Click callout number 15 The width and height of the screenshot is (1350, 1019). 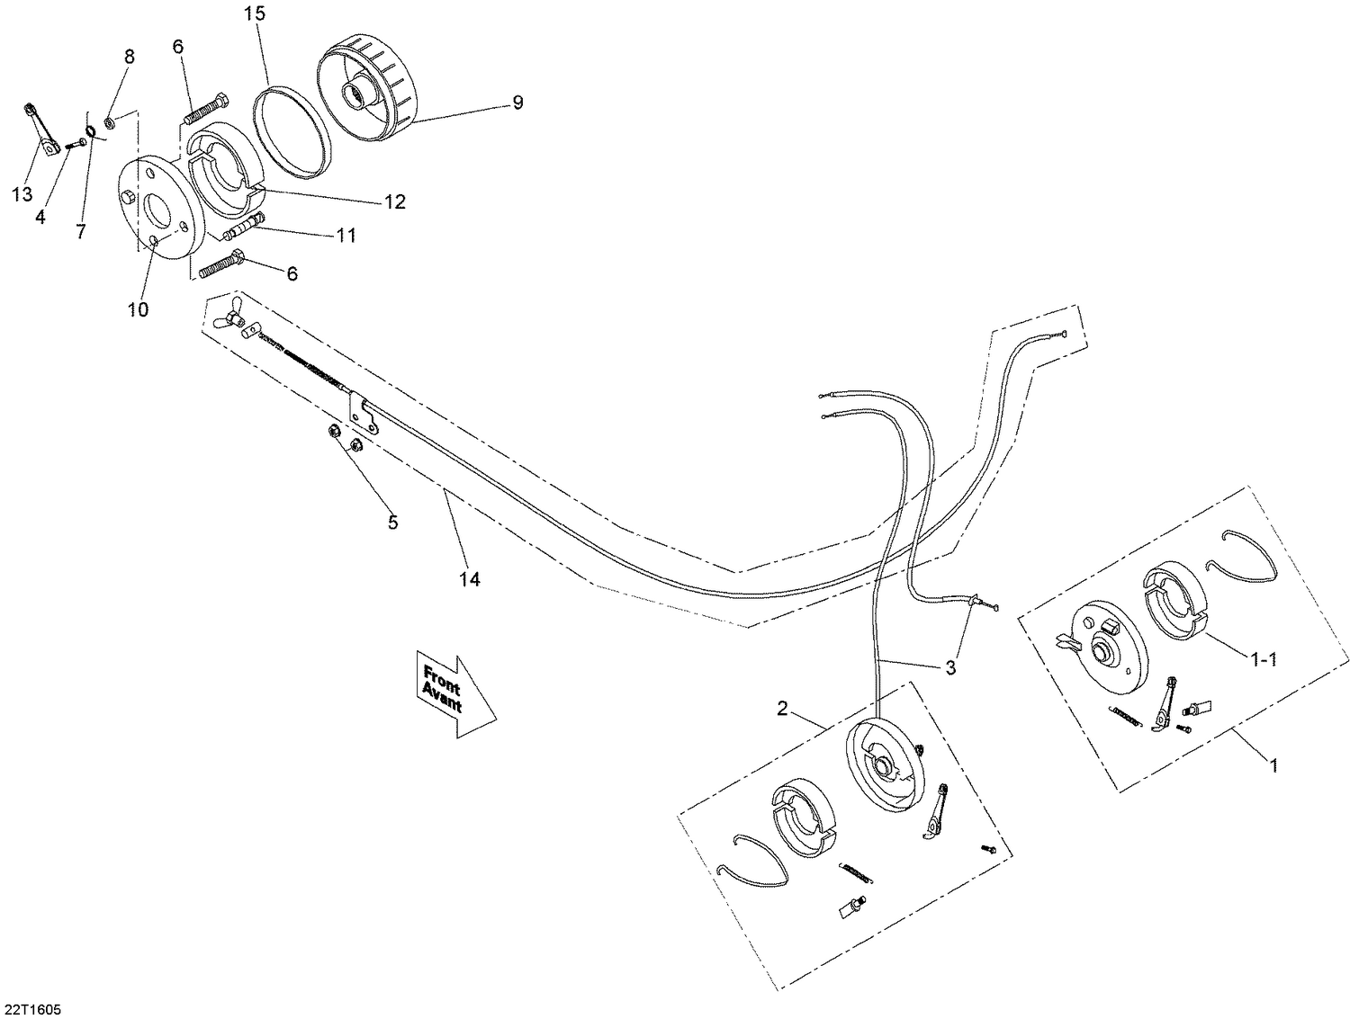[x=255, y=14]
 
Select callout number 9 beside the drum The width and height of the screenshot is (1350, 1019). [x=517, y=103]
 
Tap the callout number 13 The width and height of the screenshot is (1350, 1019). [x=22, y=194]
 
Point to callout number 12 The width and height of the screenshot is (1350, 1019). [x=394, y=201]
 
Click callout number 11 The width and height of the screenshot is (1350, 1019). [x=346, y=236]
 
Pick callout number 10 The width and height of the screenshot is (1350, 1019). [x=138, y=309]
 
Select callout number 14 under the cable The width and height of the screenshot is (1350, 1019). [x=469, y=579]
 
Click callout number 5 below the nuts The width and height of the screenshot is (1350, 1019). [x=392, y=522]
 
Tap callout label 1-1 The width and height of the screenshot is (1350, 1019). [x=1264, y=659]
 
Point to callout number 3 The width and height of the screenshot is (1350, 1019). [x=950, y=667]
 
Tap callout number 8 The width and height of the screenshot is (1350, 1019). [x=129, y=57]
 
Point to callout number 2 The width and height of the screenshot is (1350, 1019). [x=782, y=709]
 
